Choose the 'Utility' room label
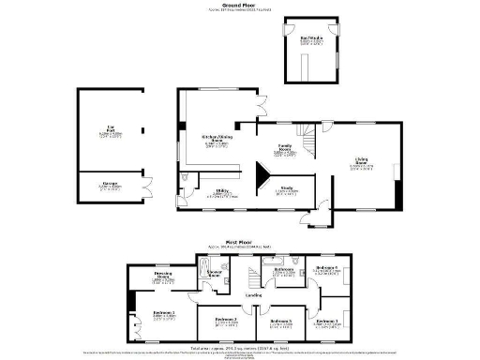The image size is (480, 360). point(222,192)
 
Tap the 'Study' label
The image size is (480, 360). point(288,188)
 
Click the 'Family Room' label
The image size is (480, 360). point(287,146)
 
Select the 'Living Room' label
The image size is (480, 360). point(362,162)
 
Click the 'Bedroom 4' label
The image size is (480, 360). point(326,269)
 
